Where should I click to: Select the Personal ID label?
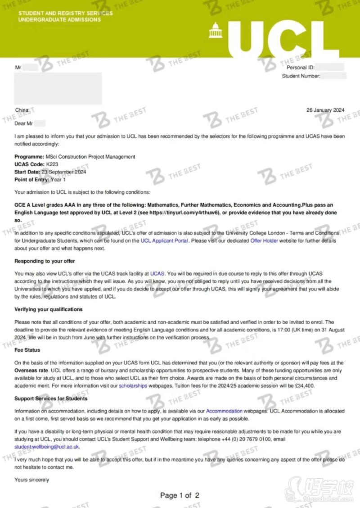tap(301, 68)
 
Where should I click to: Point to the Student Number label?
tap(301, 76)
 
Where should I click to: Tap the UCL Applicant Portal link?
tap(165, 241)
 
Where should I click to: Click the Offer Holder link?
tap(264, 241)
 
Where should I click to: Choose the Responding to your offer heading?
tap(45, 261)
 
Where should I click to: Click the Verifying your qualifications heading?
tap(48, 309)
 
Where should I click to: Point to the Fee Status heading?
tap(27, 350)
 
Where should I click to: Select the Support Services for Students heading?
tap(51, 399)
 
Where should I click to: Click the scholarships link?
tap(133, 386)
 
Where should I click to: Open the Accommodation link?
tap(224, 411)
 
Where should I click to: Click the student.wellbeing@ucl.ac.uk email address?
tap(47, 447)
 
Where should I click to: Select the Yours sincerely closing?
tap(31, 480)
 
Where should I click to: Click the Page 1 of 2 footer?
tap(180, 495)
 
